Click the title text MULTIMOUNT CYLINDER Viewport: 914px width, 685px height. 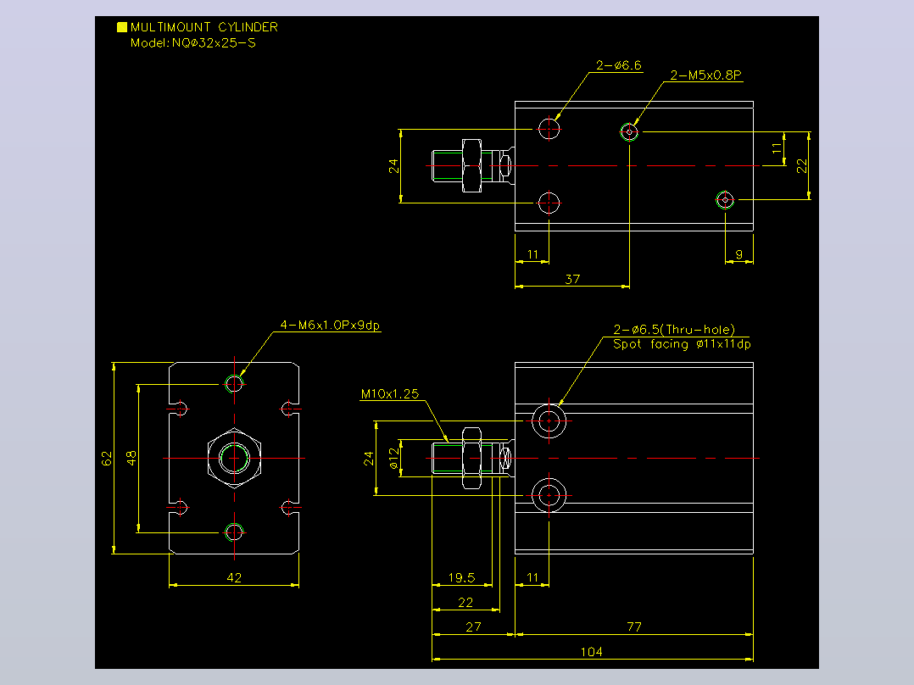click(204, 27)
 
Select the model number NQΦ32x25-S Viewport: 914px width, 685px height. click(214, 42)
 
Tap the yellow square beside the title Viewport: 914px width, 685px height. click(122, 27)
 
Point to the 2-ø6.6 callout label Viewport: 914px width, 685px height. click(618, 64)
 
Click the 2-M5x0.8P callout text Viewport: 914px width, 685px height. click(705, 75)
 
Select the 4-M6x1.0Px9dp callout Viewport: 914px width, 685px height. click(330, 325)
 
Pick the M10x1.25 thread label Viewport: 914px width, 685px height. click(389, 393)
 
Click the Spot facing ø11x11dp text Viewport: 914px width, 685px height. click(682, 344)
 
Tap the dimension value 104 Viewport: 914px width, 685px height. click(591, 651)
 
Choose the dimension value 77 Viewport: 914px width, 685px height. click(633, 627)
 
